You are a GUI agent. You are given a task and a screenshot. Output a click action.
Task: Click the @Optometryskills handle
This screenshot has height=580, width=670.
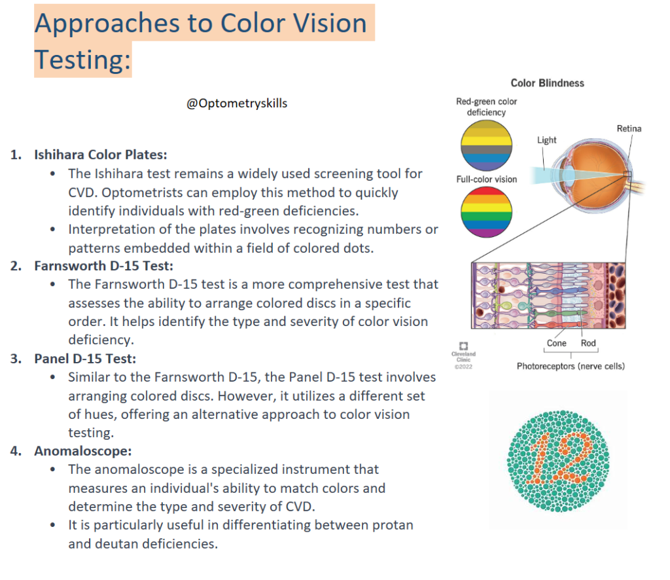[237, 103]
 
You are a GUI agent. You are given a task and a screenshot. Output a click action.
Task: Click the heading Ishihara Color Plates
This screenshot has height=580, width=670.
[101, 155]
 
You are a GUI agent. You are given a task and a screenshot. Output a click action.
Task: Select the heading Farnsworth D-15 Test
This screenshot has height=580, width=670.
[103, 266]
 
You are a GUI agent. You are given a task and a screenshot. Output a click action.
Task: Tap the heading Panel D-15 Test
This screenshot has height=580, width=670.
[85, 359]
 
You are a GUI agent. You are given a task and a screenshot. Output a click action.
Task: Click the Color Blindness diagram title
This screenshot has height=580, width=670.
[547, 83]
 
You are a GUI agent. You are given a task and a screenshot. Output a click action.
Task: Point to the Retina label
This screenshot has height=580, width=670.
[629, 129]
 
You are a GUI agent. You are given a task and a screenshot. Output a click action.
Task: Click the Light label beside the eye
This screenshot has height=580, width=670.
[546, 140]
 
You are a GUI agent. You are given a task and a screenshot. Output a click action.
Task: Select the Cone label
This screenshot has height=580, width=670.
[557, 343]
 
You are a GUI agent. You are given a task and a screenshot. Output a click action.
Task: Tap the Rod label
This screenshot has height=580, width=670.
[588, 343]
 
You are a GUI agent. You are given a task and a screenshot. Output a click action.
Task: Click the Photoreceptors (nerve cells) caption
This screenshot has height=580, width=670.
[571, 367]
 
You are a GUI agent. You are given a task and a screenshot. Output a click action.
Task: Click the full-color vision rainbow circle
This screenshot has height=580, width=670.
[486, 212]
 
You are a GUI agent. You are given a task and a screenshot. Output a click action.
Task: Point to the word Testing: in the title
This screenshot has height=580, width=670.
[82, 60]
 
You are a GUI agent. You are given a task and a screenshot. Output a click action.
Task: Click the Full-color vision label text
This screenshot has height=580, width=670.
[486, 179]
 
